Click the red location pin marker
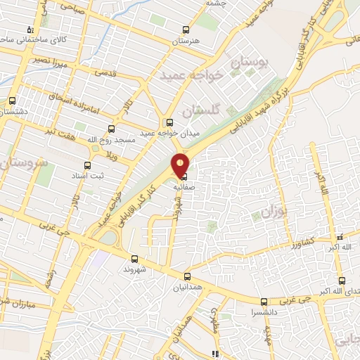click(x=181, y=164)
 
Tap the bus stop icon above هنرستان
click(x=186, y=30)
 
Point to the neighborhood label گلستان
click(x=202, y=110)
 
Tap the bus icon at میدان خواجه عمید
click(x=169, y=122)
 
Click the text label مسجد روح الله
click(x=95, y=139)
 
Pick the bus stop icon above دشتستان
click(x=12, y=101)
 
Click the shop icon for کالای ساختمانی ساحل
click(x=30, y=30)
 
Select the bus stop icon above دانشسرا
click(x=264, y=301)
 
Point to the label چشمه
click(x=220, y=4)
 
